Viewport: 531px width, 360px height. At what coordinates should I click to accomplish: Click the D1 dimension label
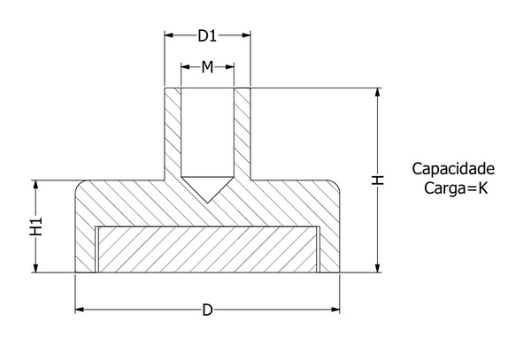(207, 35)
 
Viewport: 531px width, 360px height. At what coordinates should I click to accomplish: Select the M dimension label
(207, 67)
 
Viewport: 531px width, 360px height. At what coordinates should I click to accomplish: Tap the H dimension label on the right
(378, 180)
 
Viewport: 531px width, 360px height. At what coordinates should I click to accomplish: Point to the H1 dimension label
(35, 226)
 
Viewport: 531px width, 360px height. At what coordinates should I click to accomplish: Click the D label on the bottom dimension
(207, 310)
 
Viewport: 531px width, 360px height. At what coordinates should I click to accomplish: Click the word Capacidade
(453, 169)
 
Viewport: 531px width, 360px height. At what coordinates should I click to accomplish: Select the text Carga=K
(456, 188)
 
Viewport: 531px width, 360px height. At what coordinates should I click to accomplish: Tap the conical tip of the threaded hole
(208, 203)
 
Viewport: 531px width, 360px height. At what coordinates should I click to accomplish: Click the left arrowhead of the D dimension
(80, 310)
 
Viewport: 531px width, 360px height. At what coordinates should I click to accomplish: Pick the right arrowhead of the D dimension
(335, 310)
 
